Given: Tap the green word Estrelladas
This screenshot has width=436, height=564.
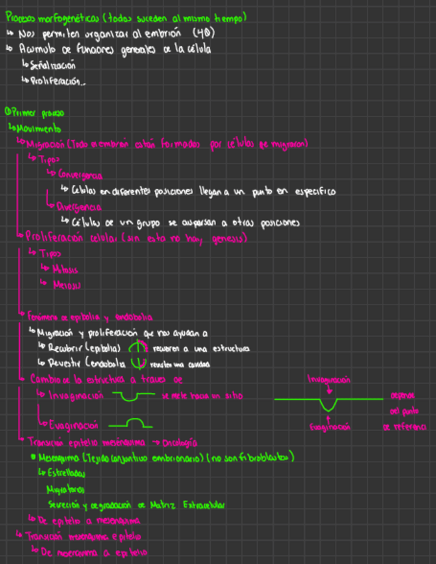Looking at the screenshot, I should [66, 473].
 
